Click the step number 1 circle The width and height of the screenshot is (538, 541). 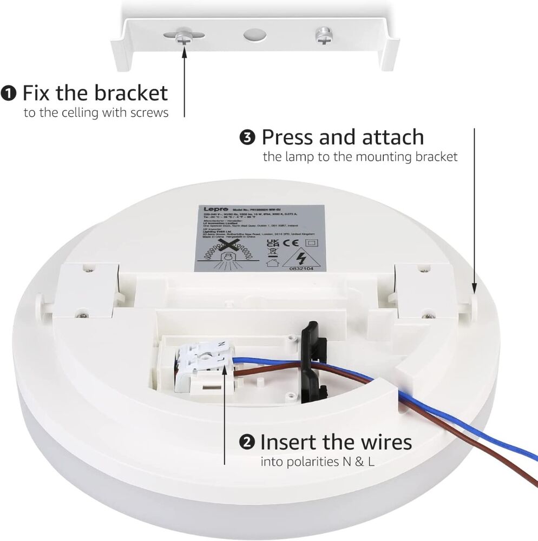10,93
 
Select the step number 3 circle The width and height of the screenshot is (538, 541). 247,137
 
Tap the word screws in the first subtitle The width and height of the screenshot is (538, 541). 152,114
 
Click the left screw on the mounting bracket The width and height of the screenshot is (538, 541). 183,36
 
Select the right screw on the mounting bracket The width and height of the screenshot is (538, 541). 323,37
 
